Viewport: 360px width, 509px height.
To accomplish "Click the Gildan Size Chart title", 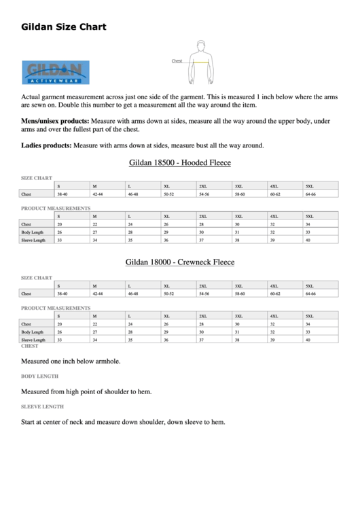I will [x=64, y=28].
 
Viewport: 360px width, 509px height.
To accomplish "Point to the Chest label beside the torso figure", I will [x=177, y=61].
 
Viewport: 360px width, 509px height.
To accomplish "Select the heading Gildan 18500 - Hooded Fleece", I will [x=179, y=163].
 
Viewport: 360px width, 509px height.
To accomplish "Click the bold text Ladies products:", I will [x=46, y=145].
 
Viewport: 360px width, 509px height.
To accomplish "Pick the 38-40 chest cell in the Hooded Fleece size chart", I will [x=62, y=194].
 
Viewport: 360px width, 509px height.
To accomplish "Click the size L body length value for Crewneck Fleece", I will [x=130, y=332].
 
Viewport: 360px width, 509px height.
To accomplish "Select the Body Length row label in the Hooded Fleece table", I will [x=33, y=232].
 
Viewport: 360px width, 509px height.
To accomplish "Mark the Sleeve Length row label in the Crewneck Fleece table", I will [x=34, y=339].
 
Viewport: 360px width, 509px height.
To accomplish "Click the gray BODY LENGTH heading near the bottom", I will [x=40, y=376].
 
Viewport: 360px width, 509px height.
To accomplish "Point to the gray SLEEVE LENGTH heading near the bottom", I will [x=43, y=406].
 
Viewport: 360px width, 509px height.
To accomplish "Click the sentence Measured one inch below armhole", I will [x=71, y=361].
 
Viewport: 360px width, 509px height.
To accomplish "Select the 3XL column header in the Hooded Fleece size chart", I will [x=238, y=186].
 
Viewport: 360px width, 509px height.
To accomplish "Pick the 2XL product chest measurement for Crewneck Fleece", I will [x=201, y=324].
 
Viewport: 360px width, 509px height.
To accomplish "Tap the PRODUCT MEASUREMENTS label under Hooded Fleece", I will [x=56, y=208].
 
